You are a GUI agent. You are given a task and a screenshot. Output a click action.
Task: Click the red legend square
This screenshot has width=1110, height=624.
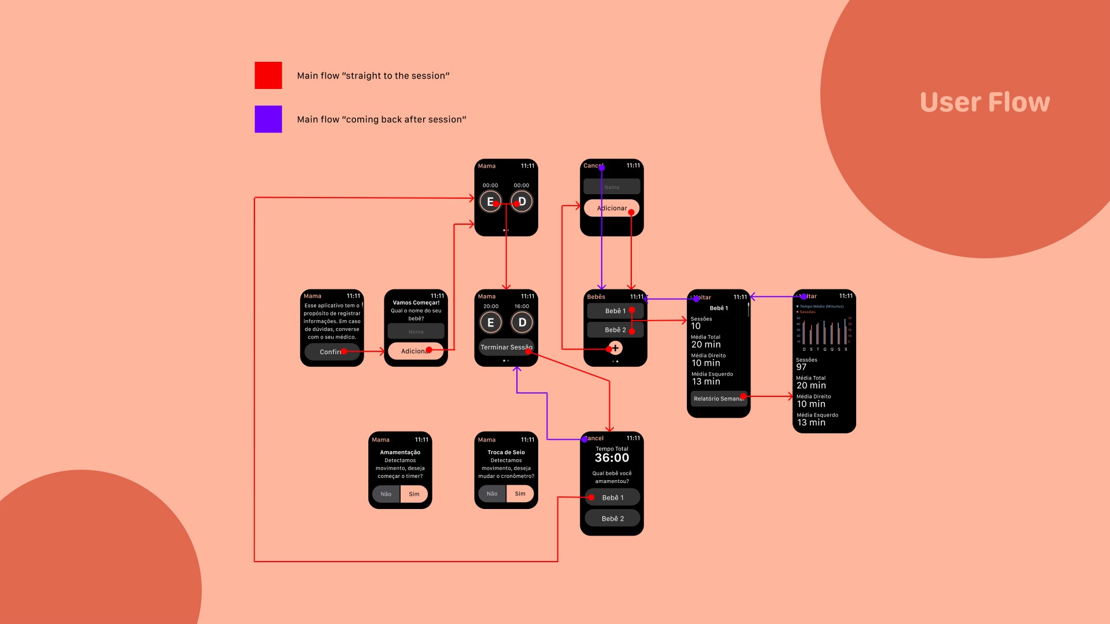(268, 75)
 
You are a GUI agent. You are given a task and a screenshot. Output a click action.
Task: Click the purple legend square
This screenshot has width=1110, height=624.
(268, 119)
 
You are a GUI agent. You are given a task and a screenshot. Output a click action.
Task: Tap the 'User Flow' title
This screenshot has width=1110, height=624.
(985, 102)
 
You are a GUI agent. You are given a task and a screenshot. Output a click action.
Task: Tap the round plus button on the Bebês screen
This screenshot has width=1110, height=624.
(616, 348)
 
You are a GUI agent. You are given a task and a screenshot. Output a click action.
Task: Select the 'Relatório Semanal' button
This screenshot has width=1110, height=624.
(718, 399)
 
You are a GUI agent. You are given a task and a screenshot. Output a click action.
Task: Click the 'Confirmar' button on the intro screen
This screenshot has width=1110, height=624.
(332, 352)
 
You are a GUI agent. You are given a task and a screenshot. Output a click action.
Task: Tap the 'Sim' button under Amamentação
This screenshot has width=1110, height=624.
(414, 494)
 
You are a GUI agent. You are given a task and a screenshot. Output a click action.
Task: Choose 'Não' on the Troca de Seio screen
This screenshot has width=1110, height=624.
(492, 494)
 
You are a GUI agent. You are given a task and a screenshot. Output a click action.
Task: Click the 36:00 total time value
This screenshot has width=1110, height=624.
(612, 458)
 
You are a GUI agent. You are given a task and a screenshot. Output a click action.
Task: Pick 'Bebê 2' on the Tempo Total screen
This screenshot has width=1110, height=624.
(612, 519)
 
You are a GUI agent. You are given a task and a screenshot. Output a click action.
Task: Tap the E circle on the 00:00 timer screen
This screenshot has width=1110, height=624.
(490, 202)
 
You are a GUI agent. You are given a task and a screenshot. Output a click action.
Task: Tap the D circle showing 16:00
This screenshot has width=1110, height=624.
(522, 322)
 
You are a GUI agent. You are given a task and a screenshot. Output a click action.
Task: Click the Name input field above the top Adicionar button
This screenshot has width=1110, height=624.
(612, 187)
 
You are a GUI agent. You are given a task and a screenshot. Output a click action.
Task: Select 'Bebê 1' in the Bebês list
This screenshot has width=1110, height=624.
(615, 311)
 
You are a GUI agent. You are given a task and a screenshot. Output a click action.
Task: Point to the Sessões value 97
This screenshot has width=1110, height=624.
(801, 367)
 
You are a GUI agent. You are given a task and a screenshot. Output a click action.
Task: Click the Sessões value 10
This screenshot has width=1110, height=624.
(695, 326)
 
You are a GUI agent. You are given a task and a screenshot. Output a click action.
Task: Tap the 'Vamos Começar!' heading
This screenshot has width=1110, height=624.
(416, 303)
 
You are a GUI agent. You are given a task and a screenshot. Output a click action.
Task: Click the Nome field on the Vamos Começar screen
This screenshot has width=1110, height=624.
(416, 332)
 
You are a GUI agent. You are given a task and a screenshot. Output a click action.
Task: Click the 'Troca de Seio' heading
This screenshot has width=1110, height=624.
(506, 452)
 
